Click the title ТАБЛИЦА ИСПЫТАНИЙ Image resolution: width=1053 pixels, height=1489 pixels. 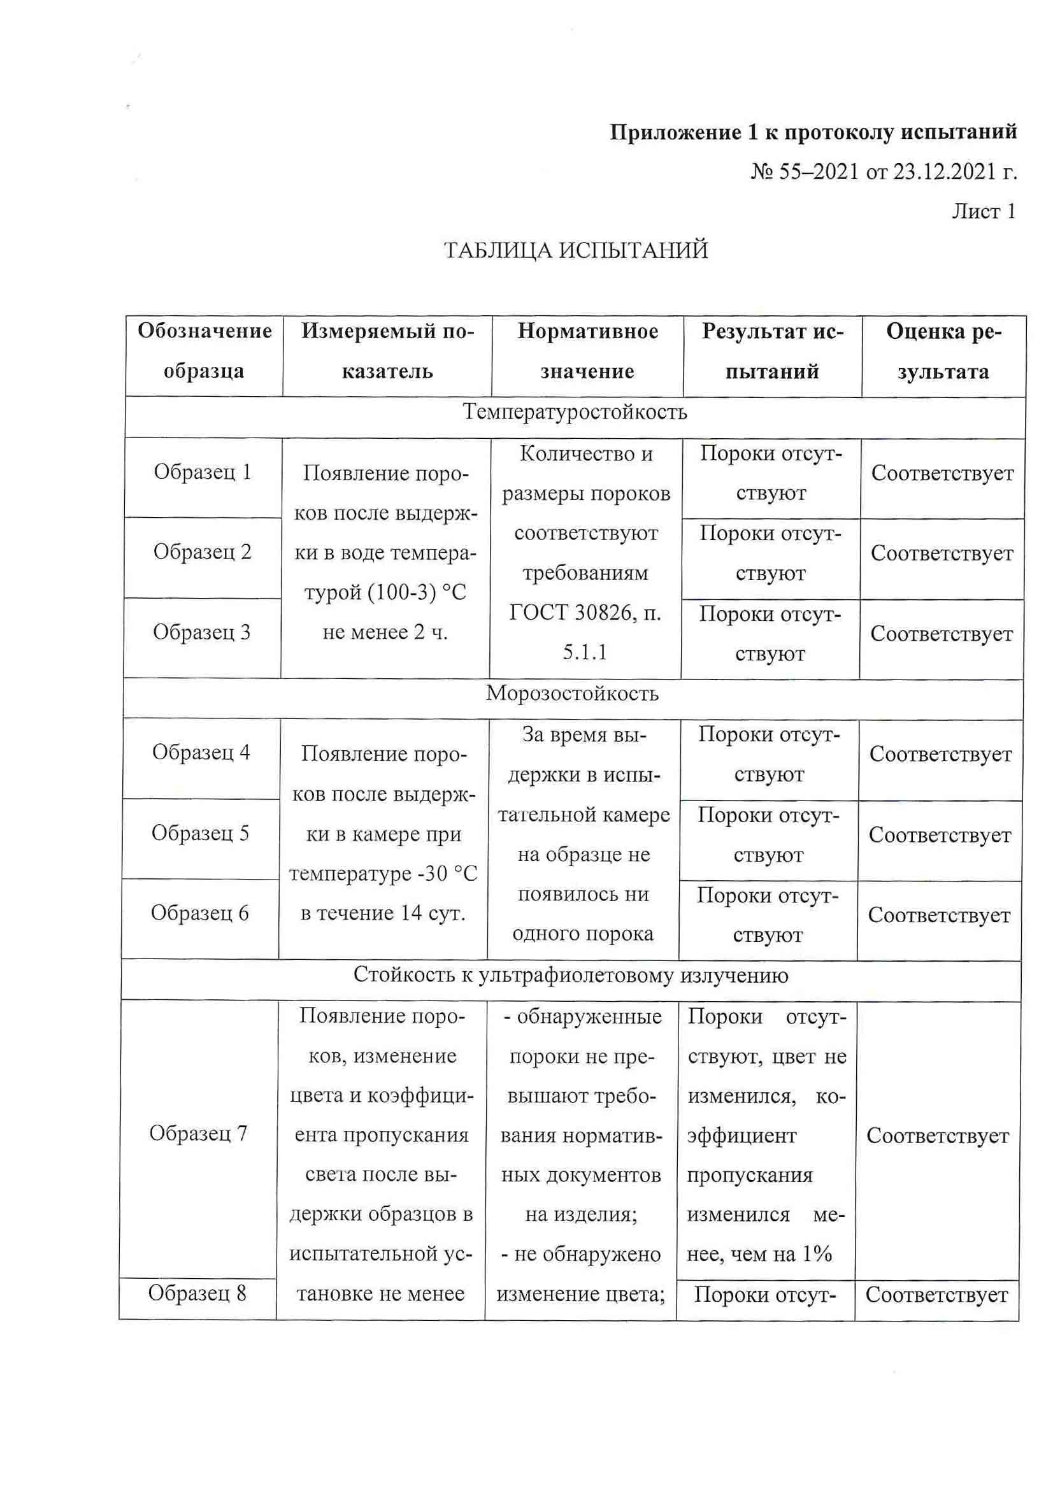point(575,250)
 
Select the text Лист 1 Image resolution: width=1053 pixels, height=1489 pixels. point(983,211)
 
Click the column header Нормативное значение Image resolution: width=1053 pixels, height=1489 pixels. point(587,351)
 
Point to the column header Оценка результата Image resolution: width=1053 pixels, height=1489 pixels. point(943,351)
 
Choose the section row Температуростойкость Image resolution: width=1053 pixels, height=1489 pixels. point(575,413)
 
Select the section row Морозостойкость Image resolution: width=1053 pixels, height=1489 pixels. point(572,694)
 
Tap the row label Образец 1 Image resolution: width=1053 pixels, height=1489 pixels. point(203,472)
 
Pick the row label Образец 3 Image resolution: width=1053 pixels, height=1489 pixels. point(201,632)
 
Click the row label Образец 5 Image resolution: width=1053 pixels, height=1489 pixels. point(200,832)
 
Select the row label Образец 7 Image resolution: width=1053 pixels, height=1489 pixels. point(198,1133)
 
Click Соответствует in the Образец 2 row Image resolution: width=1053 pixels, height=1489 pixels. point(942,553)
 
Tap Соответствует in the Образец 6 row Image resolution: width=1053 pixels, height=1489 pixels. point(940,915)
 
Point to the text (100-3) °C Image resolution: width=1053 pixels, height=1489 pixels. point(417,592)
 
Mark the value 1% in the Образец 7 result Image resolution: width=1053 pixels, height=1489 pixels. point(817,1253)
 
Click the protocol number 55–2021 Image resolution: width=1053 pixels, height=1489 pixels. point(818,171)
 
